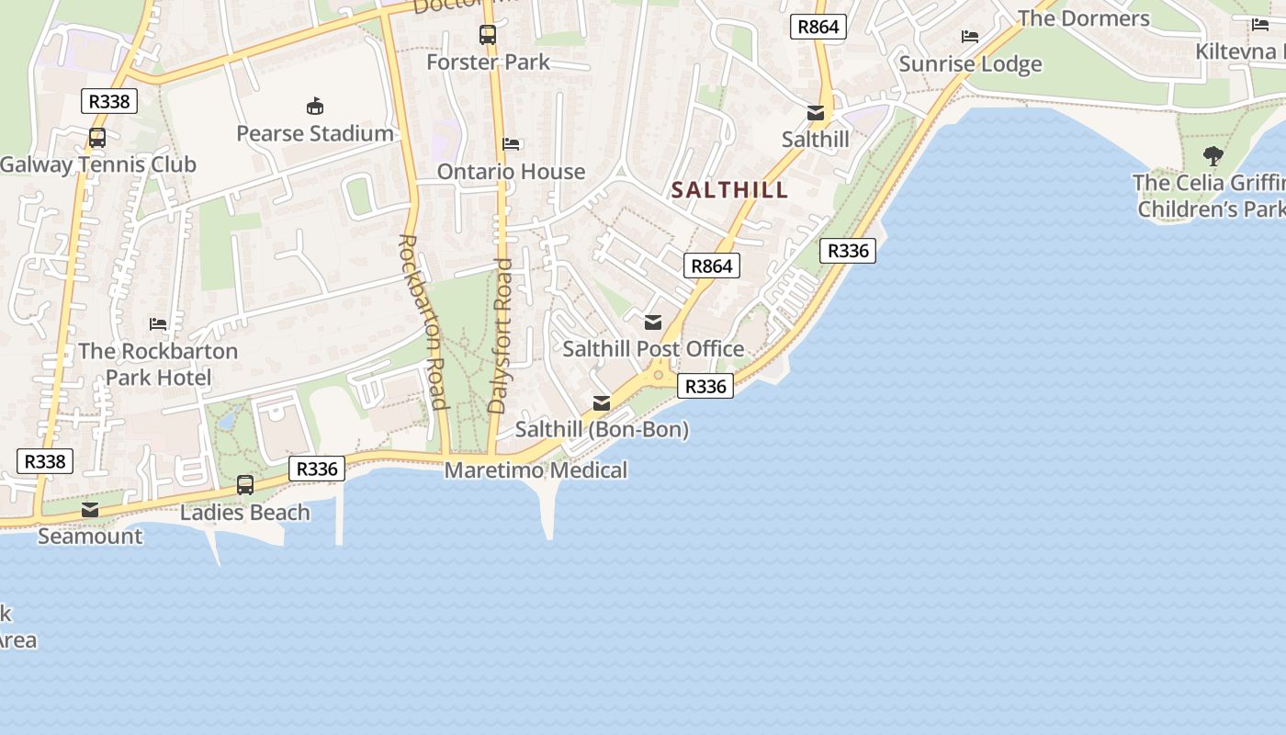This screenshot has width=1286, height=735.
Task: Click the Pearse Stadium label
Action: [315, 134]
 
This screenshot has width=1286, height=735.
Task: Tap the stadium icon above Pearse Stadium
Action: [315, 107]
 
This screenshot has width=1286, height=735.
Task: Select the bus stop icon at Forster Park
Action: [488, 35]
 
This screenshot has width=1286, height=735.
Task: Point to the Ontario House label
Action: [511, 172]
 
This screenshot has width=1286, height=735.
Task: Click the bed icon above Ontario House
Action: [512, 144]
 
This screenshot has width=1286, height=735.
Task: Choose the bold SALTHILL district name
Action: [729, 190]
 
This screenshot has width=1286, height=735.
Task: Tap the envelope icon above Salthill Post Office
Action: [653, 322]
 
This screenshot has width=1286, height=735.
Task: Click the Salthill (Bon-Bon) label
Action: [602, 429]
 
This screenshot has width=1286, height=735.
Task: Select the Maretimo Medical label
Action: [536, 470]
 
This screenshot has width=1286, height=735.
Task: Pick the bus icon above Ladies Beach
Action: [245, 484]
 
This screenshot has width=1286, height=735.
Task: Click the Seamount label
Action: [90, 537]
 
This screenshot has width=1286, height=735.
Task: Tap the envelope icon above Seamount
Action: [90, 510]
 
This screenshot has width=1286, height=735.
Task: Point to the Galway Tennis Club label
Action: [98, 165]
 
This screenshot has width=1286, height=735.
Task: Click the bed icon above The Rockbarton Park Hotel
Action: [158, 323]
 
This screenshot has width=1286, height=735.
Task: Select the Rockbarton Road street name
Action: [423, 322]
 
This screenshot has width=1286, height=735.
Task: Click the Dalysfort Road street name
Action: [502, 335]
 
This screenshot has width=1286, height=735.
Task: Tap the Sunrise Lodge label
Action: [970, 64]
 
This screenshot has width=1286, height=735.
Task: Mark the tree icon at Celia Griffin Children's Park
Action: [1213, 156]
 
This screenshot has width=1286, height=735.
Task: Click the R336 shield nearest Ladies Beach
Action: [318, 469]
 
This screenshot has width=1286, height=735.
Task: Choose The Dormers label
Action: [1083, 18]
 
